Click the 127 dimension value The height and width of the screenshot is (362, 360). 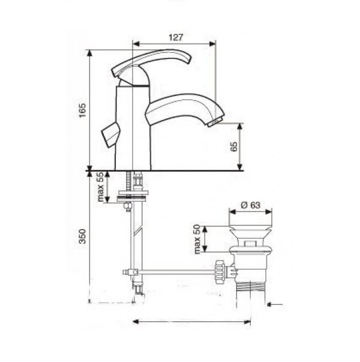176,37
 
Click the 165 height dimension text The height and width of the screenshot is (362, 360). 82,110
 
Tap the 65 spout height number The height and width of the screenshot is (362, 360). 234,146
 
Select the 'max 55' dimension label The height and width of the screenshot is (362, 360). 101,187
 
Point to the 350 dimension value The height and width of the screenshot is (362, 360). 82,236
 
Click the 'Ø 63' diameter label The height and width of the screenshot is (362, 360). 250,205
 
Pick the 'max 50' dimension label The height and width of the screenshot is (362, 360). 197,239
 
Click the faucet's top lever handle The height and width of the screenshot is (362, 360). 152,62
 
